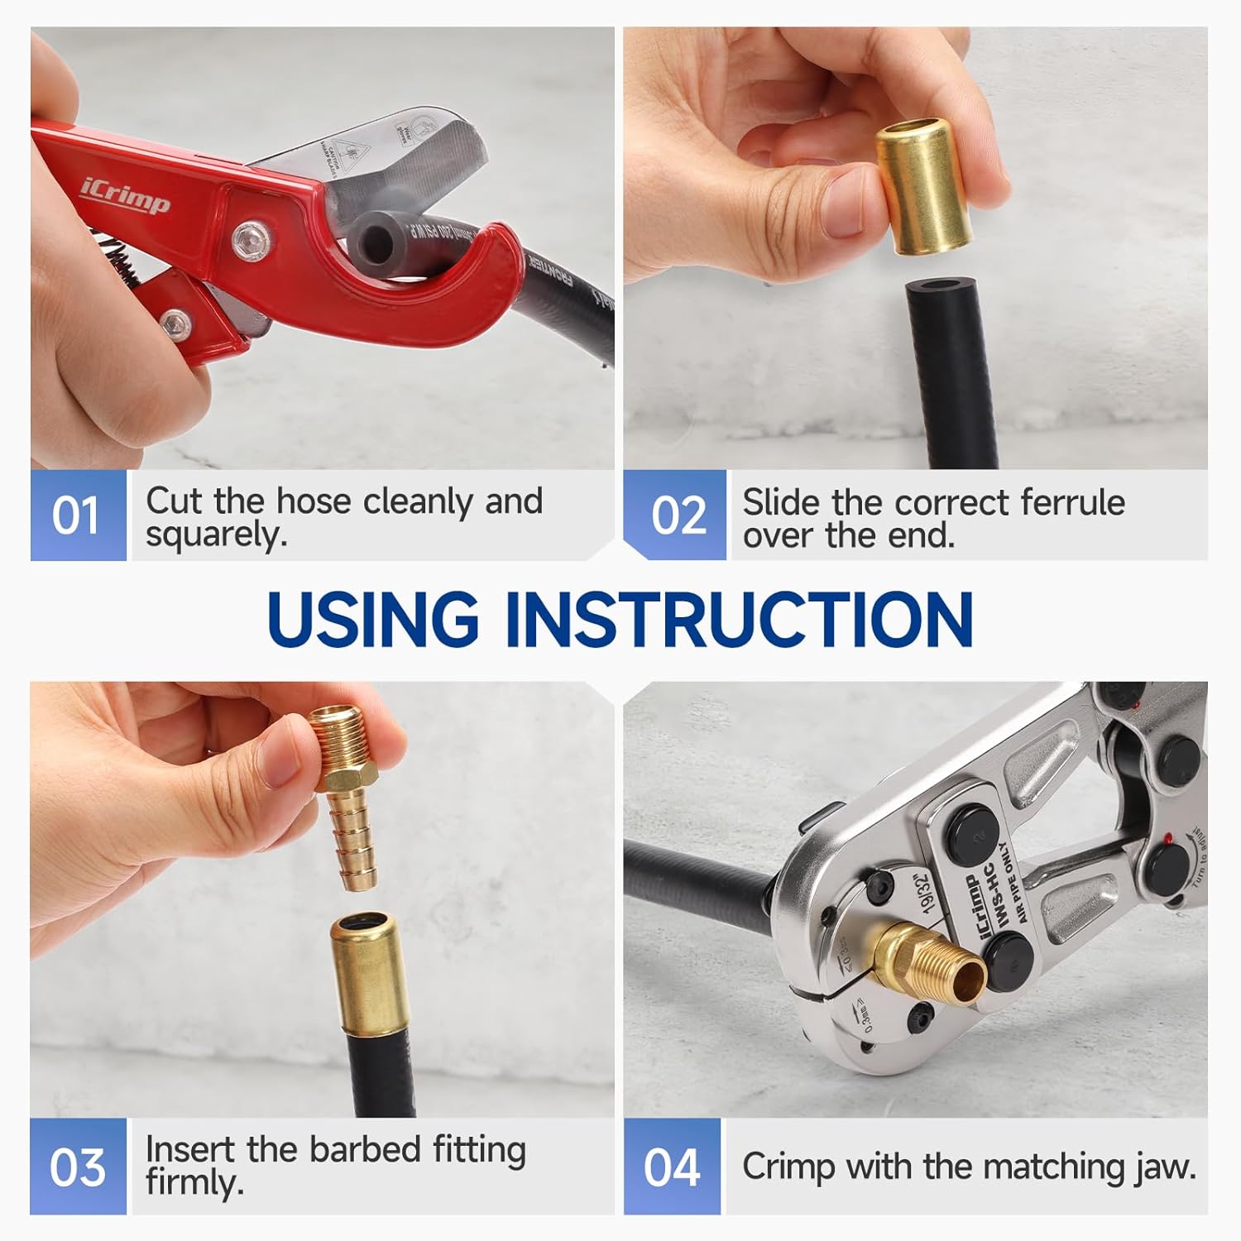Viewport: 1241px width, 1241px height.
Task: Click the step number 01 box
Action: coord(78,515)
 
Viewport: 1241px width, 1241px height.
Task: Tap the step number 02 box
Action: coord(675,515)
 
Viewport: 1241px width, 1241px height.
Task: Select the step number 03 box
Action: coord(78,1167)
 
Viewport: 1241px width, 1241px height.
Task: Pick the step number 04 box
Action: coord(672,1167)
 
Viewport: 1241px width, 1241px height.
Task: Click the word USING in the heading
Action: coord(373,619)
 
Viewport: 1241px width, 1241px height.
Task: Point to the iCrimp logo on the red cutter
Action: coord(125,195)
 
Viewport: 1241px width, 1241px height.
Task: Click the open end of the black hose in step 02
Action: coord(942,293)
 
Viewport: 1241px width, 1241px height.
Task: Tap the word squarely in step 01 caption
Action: coord(217,535)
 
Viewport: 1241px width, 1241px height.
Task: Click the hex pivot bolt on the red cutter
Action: coord(247,241)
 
